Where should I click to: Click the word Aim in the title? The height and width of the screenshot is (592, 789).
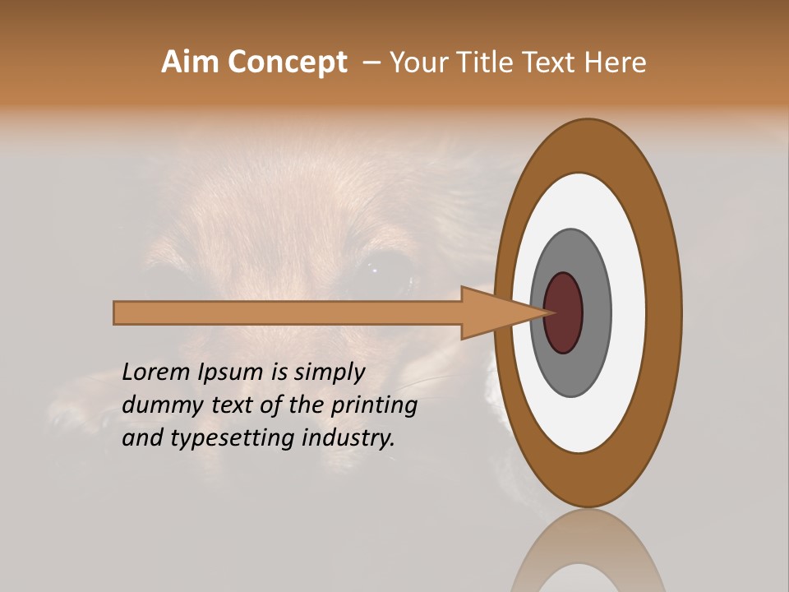click(191, 62)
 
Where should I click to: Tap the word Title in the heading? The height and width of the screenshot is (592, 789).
click(487, 62)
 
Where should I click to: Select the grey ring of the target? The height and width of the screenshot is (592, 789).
click(596, 313)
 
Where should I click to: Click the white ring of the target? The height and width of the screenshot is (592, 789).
click(628, 313)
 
